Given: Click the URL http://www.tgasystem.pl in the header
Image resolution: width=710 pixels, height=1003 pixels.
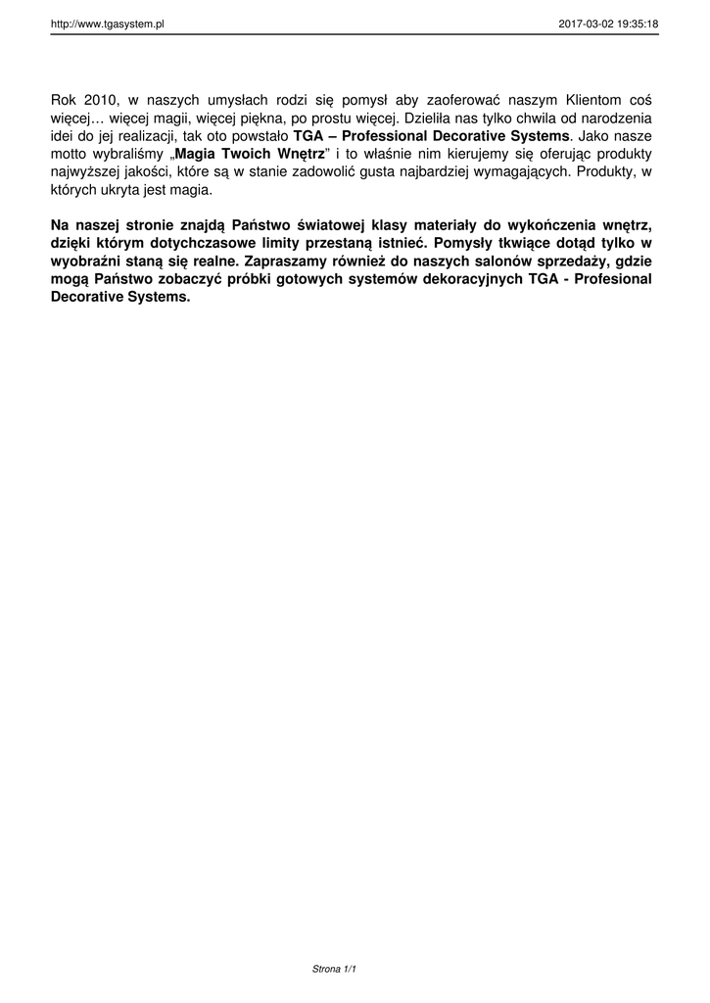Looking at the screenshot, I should point(107,23).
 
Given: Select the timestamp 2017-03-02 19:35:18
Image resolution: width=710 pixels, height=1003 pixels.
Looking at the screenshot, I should point(608,23).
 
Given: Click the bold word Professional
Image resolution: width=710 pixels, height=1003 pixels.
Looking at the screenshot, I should point(385,135).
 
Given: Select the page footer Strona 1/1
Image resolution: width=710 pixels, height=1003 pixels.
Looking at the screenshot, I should point(334,969).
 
